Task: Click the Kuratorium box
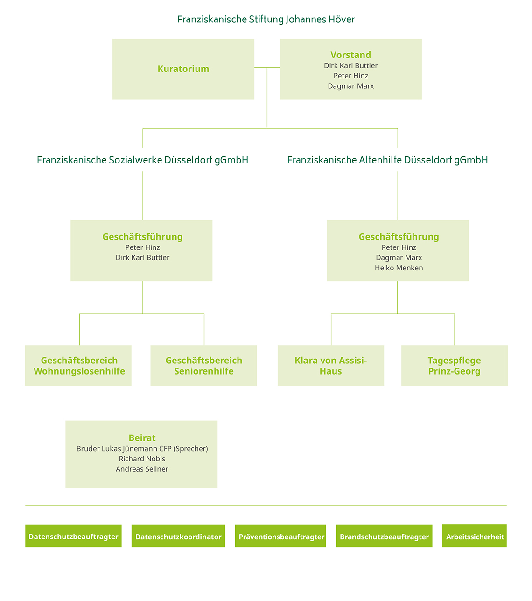pos(183,69)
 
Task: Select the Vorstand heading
pos(350,55)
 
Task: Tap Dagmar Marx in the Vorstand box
pos(350,86)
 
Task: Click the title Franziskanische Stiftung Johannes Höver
pos(266,20)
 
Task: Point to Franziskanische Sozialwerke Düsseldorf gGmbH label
pos(142,160)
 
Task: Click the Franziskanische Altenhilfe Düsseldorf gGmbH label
pos(387,160)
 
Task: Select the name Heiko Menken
pos(399,268)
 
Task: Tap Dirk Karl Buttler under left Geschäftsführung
pos(142,258)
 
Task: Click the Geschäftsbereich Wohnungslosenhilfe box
pos(78,366)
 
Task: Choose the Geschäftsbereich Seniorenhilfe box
pos(203,366)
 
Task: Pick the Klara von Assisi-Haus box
pos(330,366)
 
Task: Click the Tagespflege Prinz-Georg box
pos(454,366)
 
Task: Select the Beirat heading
pos(142,438)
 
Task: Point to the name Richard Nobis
pos(142,459)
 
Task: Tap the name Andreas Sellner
pos(142,469)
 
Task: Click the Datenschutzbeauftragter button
pos(73,537)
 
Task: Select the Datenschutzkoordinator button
pos(178,537)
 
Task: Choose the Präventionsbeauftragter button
pos(281,537)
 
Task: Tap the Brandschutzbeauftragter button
pos(384,537)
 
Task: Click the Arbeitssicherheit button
pos(475,537)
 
